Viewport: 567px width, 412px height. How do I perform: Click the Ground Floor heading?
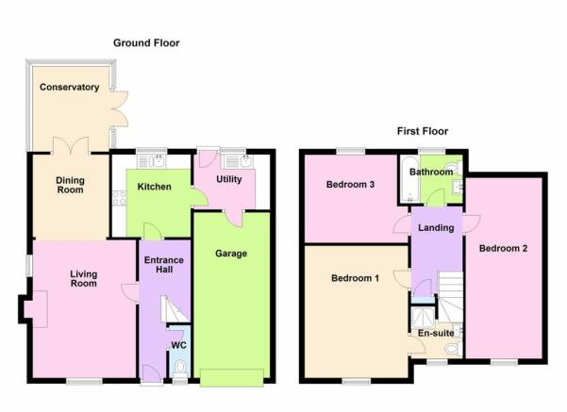pos(146,43)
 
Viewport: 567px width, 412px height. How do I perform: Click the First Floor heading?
pos(423,131)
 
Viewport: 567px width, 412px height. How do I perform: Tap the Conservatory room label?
pos(70,87)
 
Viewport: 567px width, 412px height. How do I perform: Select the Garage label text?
pos(231,254)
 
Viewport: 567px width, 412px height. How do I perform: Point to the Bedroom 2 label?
pos(503,248)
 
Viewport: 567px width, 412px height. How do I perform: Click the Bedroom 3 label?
pos(350,185)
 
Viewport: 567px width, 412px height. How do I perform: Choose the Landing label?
pos(436,228)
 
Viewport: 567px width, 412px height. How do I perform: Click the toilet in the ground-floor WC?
pos(179,369)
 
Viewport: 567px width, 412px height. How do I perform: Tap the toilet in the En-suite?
pos(453,349)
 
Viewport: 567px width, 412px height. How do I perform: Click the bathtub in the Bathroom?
pos(409,179)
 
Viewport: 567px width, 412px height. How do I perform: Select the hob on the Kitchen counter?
pos(119,198)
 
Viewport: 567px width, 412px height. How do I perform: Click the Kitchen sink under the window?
pos(152,161)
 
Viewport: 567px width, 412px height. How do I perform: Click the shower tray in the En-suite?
pos(423,318)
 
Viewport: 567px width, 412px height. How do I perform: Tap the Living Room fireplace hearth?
pos(36,309)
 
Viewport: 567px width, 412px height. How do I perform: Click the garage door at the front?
pos(232,378)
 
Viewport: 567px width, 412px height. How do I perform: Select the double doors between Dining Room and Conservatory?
pos(71,146)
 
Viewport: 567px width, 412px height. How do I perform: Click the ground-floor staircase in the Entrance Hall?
pos(175,309)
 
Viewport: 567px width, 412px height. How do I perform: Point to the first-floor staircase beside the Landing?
pos(451,297)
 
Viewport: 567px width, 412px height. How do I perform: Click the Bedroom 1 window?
pos(357,381)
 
